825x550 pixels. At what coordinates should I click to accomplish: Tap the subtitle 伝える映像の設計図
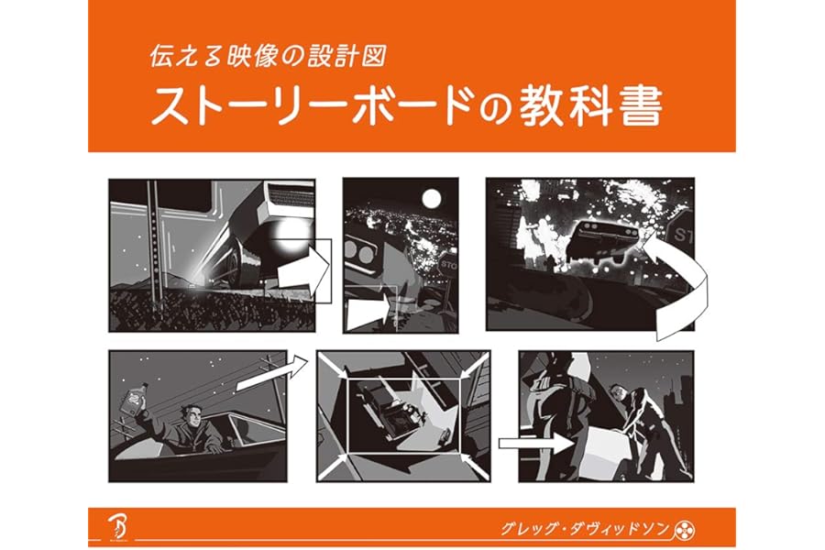click(x=269, y=56)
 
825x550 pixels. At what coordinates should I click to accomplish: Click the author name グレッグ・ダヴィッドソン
click(x=585, y=528)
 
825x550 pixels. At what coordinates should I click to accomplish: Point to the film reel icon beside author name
click(x=685, y=530)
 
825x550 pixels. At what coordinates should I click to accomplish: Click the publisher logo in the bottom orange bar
click(x=116, y=527)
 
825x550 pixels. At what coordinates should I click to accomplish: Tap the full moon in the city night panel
click(x=432, y=199)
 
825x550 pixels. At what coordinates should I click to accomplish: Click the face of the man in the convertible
click(x=192, y=416)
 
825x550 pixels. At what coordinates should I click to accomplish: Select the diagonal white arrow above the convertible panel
click(x=272, y=373)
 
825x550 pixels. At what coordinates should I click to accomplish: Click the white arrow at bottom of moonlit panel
click(x=368, y=313)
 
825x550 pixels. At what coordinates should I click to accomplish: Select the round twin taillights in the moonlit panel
click(x=358, y=254)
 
